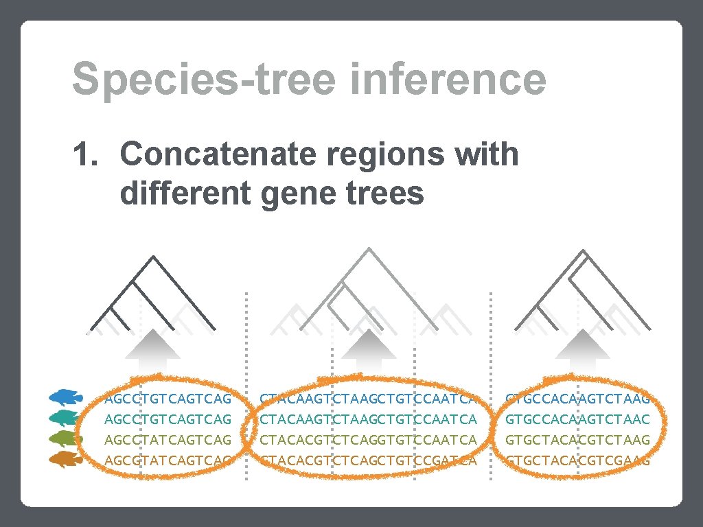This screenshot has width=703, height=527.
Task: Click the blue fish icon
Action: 66,397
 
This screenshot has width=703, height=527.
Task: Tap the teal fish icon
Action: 66,418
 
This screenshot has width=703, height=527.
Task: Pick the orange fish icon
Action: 66,460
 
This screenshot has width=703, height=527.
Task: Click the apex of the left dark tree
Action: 152,257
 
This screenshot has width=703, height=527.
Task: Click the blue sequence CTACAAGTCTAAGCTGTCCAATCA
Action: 368,398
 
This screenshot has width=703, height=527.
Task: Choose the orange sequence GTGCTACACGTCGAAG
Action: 577,460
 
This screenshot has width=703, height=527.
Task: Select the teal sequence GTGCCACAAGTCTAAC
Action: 577,419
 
